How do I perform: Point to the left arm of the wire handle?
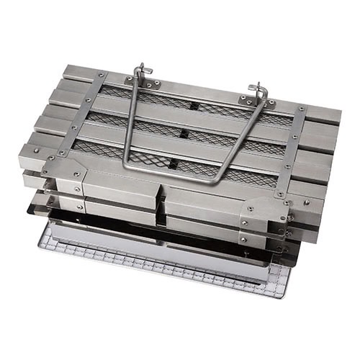[x=130, y=122]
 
